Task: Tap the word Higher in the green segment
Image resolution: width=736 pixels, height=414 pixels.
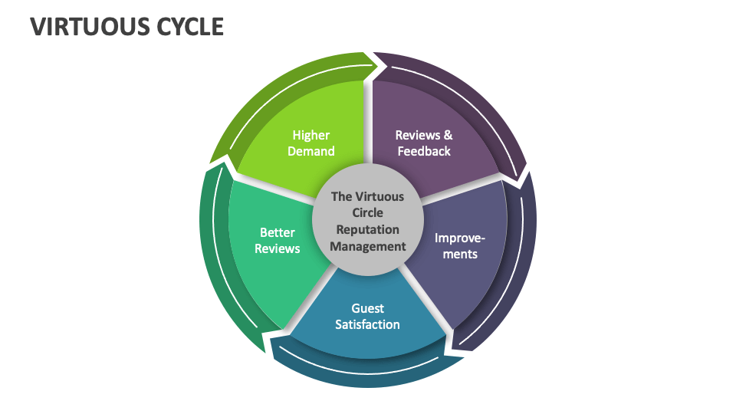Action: click(310, 135)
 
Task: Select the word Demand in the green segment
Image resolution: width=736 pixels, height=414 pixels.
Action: click(310, 151)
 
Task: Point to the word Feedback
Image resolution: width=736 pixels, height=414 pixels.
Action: click(424, 151)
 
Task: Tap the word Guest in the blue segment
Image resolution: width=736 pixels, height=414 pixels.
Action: click(368, 308)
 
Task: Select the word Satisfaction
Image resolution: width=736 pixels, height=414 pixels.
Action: click(368, 324)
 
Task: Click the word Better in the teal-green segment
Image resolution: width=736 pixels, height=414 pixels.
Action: click(277, 232)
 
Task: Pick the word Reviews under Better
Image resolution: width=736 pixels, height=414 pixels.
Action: click(277, 248)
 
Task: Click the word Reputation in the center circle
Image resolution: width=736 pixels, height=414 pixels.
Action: click(368, 229)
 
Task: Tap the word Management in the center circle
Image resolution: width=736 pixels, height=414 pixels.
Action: click(368, 246)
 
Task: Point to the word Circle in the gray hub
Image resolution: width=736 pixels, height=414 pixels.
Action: click(368, 212)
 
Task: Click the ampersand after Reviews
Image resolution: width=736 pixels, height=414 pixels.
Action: click(448, 135)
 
